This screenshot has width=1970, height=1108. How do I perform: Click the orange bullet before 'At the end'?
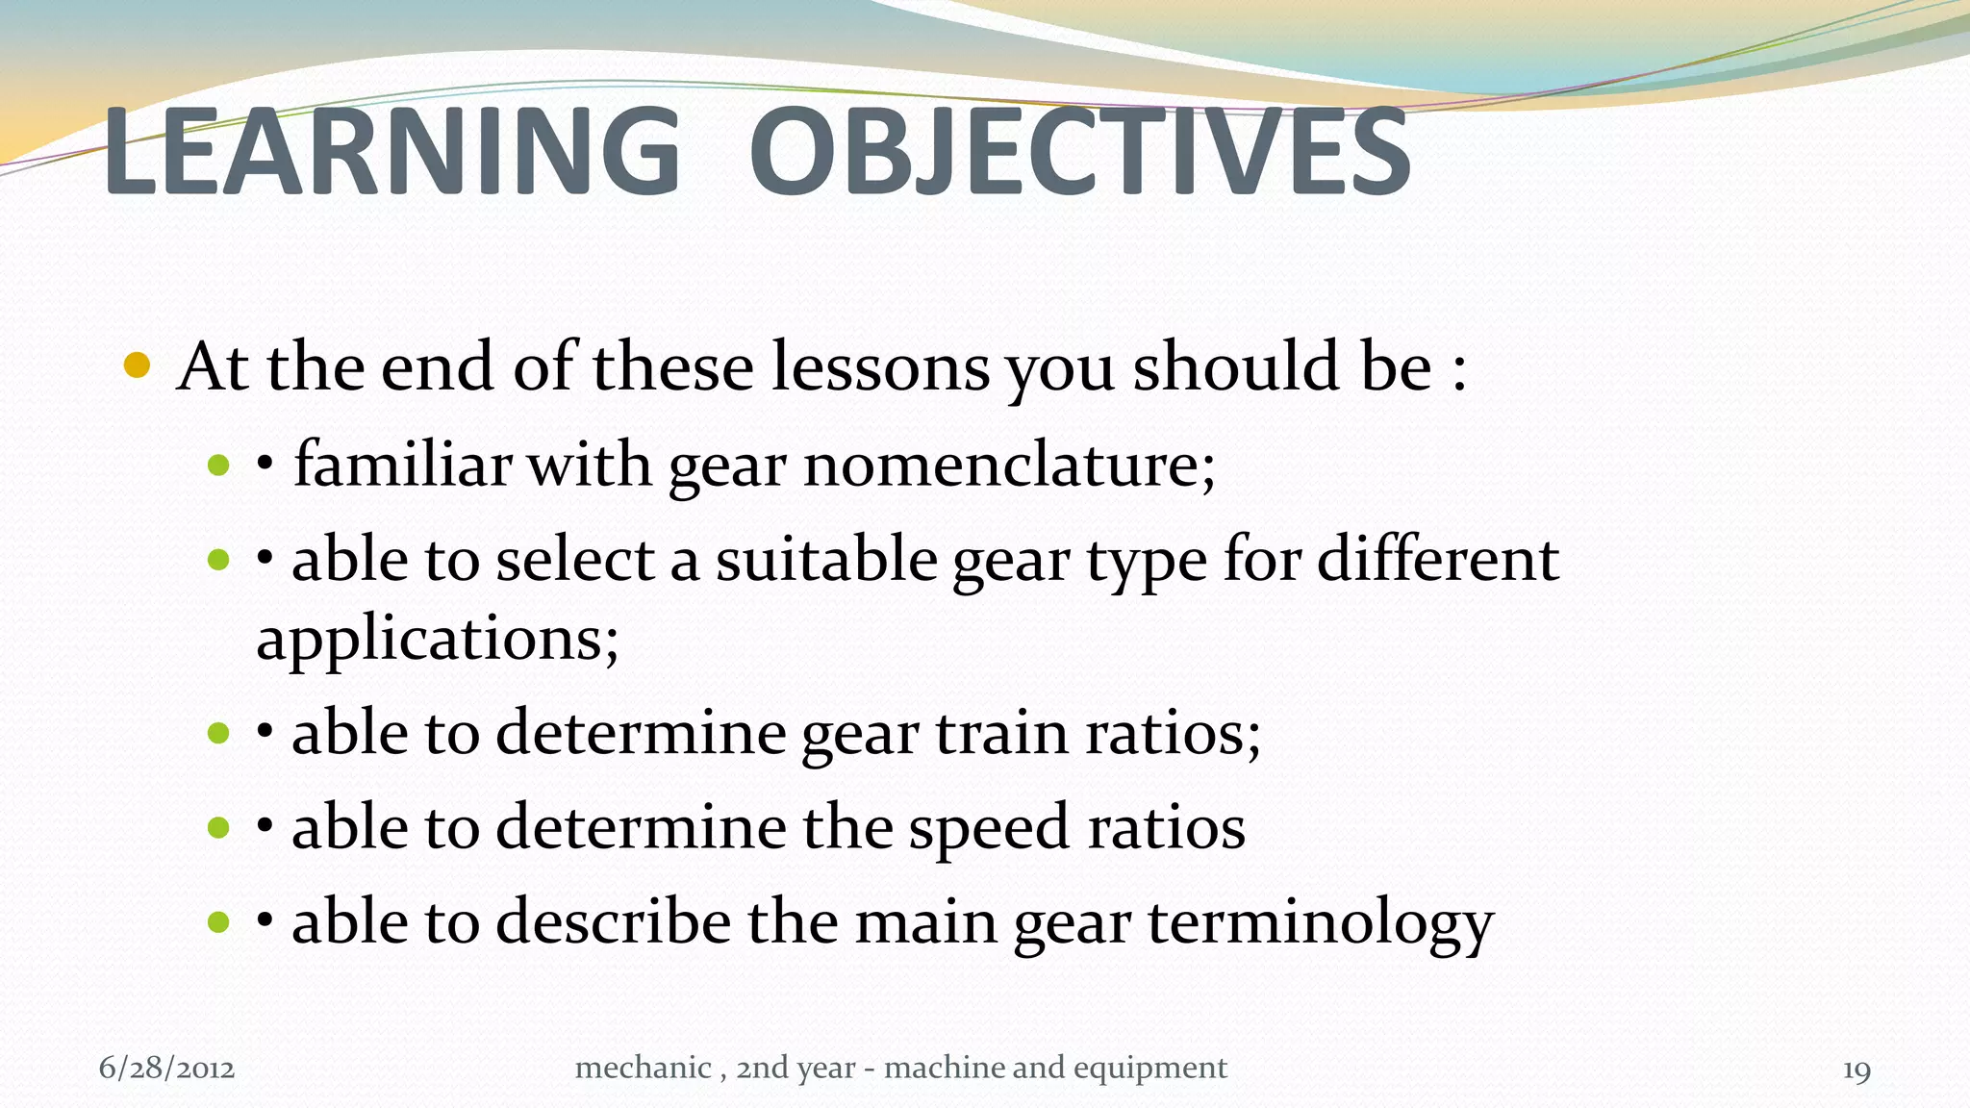[x=138, y=366]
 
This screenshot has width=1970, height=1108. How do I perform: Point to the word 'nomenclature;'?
[x=1009, y=466]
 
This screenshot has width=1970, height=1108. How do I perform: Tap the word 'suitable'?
[x=825, y=560]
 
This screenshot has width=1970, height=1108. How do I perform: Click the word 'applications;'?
[x=438, y=640]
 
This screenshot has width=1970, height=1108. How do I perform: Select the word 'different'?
[x=1437, y=560]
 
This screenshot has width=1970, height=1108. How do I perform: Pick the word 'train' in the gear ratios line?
[x=1001, y=733]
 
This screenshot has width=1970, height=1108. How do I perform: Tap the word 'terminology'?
[x=1320, y=923]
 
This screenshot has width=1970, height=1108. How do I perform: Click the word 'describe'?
[x=613, y=921]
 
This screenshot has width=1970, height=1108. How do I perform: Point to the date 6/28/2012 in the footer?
[x=167, y=1069]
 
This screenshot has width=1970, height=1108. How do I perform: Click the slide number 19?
[x=1856, y=1070]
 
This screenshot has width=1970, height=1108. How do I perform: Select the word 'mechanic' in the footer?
[x=643, y=1068]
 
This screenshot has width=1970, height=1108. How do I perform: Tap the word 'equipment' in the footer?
[x=1149, y=1069]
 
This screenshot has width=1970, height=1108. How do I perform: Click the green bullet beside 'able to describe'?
[x=218, y=922]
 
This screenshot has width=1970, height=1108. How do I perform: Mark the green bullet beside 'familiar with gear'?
[x=218, y=466]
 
